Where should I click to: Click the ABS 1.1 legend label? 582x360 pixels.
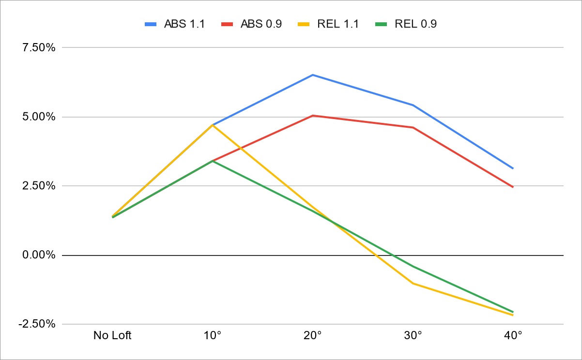coord(184,24)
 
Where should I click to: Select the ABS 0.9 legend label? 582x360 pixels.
coord(261,24)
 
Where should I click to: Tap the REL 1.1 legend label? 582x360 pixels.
coord(338,24)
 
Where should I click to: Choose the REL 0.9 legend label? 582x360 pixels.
coord(415,24)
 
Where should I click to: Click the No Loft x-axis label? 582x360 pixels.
coord(112,335)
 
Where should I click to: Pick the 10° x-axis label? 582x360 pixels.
coord(213,335)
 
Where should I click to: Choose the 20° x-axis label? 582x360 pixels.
coord(313,335)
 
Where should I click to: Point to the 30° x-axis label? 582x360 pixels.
coord(413,335)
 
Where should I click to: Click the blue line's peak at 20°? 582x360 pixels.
coord(313,75)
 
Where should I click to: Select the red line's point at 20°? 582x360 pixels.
coord(313,116)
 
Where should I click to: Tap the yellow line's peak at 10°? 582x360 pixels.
coord(213,125)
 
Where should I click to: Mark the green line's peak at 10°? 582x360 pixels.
coord(213,161)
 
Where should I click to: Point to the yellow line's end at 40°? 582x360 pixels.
coord(513,315)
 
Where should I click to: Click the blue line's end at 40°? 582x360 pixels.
coord(513,168)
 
